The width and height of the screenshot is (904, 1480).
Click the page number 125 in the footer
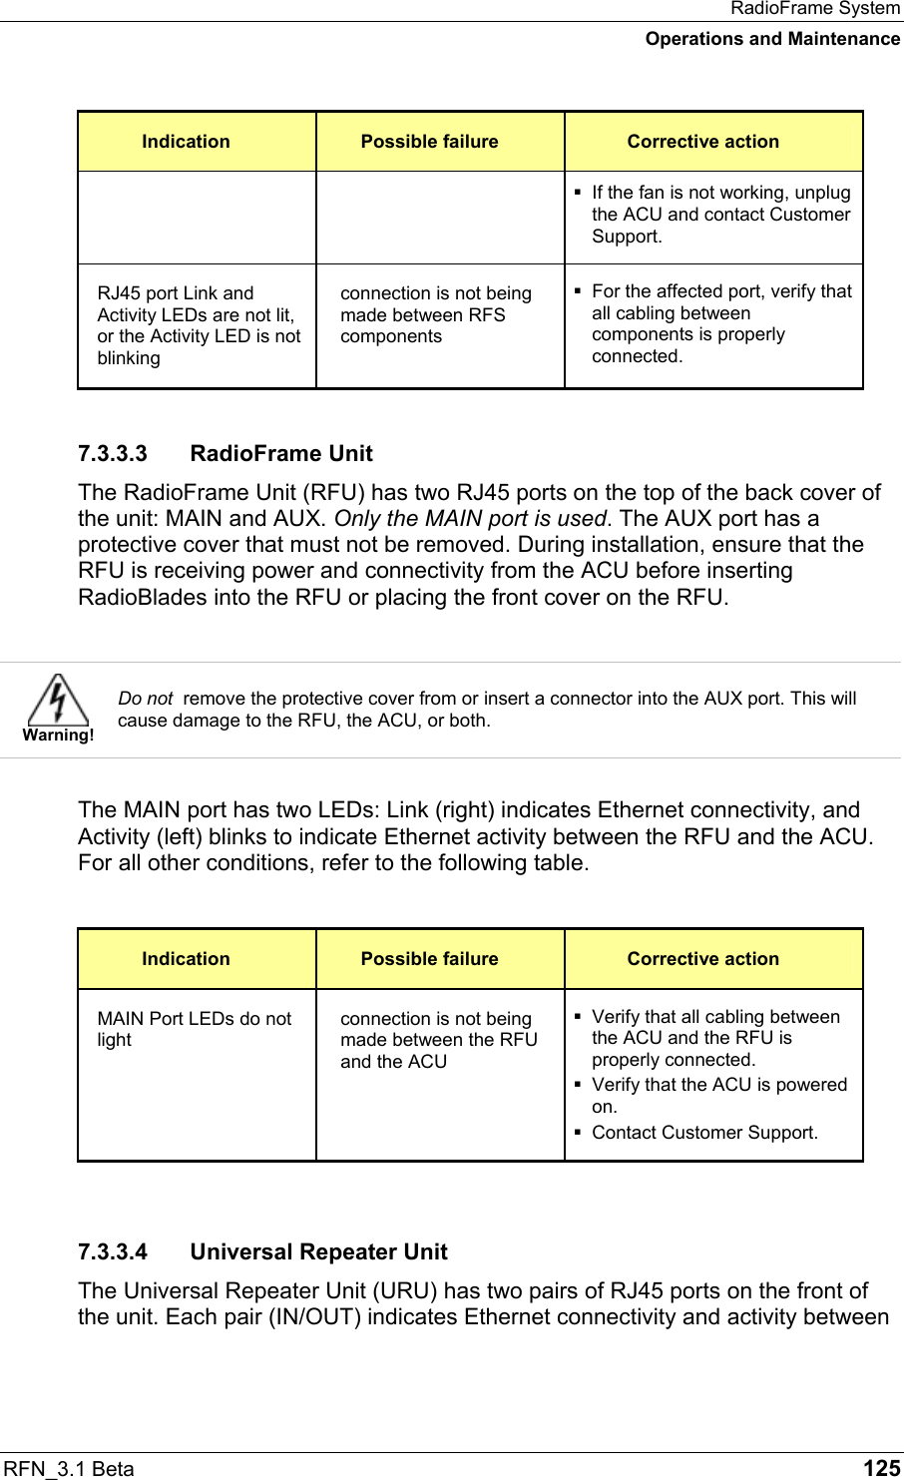click(x=881, y=1467)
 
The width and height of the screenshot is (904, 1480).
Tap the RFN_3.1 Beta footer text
click(x=70, y=1468)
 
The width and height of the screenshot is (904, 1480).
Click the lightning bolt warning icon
click(x=58, y=699)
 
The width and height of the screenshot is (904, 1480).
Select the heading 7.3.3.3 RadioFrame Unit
click(x=226, y=453)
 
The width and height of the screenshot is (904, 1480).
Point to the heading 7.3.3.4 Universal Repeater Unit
click(x=262, y=1251)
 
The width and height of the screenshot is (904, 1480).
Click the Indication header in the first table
click(x=186, y=142)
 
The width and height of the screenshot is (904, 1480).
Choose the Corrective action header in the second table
click(x=702, y=959)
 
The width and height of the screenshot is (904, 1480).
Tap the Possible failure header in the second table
click(x=429, y=959)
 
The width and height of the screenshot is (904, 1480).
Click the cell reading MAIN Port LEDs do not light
click(x=195, y=1029)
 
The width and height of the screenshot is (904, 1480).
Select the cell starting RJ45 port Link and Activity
click(x=198, y=325)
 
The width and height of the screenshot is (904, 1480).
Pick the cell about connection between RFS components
click(x=435, y=314)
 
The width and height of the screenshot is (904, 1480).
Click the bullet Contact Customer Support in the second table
click(x=704, y=1133)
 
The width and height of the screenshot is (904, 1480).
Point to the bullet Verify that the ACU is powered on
click(x=718, y=1095)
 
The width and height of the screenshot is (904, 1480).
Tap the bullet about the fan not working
click(x=720, y=214)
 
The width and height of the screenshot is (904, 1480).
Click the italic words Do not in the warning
click(x=145, y=699)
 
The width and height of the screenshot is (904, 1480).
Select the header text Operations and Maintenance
click(x=772, y=39)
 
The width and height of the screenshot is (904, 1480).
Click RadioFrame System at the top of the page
click(x=814, y=9)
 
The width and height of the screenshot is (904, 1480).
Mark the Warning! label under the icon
click(x=58, y=736)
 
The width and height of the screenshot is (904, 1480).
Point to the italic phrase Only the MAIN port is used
click(x=470, y=519)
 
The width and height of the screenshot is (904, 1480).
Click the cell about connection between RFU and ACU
click(x=438, y=1040)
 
